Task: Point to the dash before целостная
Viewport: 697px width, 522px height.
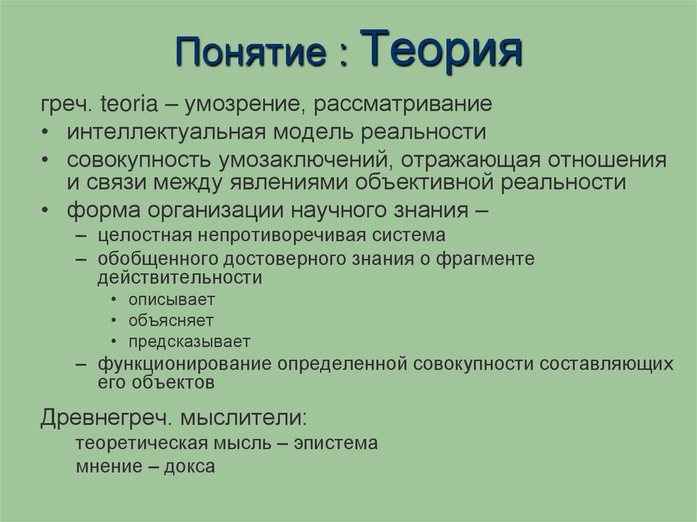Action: pos(82,235)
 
